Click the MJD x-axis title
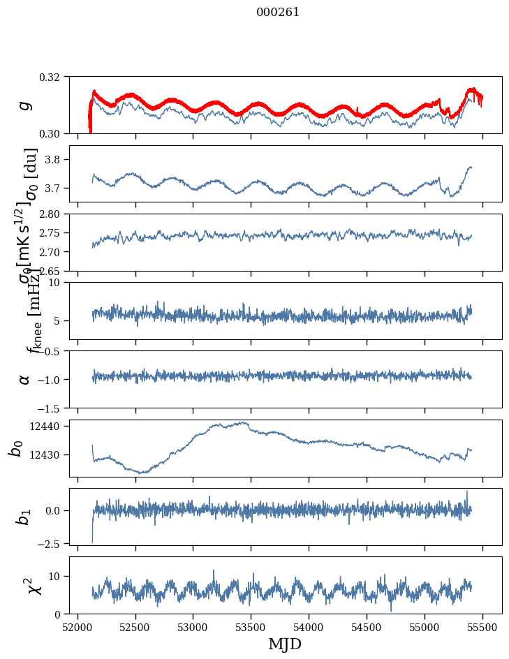[x=285, y=644]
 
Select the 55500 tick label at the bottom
[x=483, y=626]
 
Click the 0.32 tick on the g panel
[x=54, y=77]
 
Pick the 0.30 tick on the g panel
[x=54, y=133]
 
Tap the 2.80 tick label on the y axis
[x=54, y=214]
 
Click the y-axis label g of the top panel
[x=25, y=105]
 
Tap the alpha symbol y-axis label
[x=25, y=379]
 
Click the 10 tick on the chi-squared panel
[x=58, y=576]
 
